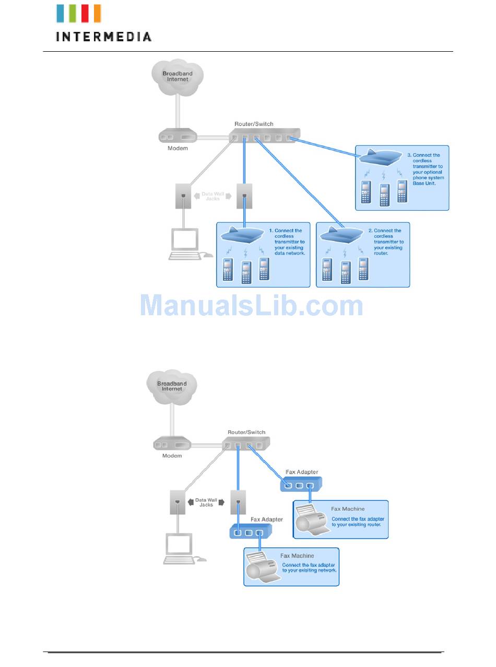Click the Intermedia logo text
103,37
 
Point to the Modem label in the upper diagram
178,148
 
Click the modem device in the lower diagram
172,445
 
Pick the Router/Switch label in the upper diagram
254,124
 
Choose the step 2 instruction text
388,241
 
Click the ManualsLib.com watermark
252,306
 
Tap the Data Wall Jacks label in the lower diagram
206,502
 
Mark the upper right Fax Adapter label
302,472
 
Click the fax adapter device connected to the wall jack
249,532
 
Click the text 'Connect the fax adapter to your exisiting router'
358,522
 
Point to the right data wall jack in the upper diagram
244,196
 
